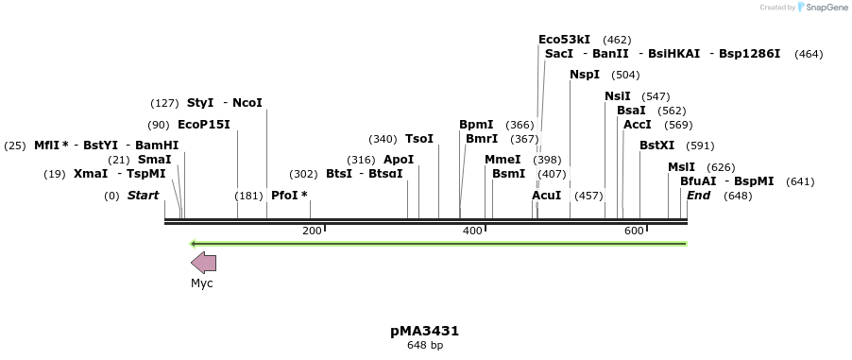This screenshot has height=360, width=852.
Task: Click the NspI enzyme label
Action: point(584,75)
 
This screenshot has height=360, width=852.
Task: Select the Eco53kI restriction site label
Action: point(564,40)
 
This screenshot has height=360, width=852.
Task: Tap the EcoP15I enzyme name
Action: point(203,125)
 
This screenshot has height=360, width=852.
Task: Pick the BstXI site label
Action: point(657,146)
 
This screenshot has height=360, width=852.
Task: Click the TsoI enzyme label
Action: point(418,139)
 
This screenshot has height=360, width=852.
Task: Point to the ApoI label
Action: point(399,160)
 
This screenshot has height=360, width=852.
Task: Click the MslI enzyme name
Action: point(681,167)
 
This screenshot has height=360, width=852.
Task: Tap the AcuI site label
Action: point(546,196)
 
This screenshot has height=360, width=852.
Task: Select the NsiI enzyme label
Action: point(618,96)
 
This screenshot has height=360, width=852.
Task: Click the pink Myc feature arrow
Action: point(203,263)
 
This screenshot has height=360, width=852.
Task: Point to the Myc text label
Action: point(202,283)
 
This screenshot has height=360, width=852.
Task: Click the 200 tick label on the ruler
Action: point(312,231)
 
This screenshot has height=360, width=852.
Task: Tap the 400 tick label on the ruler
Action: point(471,231)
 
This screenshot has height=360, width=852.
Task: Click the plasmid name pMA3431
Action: point(425,331)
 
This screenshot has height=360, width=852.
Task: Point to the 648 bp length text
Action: point(425,346)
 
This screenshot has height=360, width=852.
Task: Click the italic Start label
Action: point(143,196)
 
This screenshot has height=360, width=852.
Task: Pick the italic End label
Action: point(698,196)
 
